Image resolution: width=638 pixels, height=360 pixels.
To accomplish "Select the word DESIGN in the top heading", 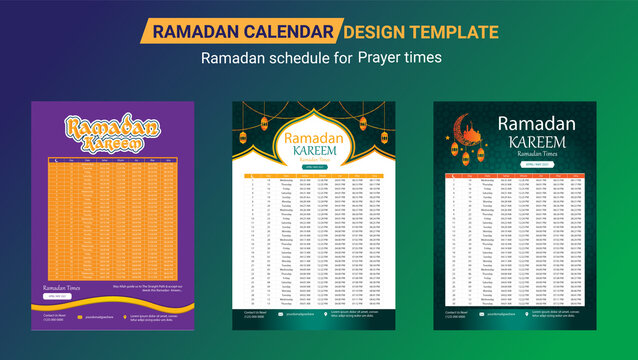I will [386, 32].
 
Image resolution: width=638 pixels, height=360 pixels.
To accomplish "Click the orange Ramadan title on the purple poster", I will [112, 126].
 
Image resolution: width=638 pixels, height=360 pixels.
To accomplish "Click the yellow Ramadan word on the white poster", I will [316, 139].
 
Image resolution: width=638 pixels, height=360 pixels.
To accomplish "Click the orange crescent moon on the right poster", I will [462, 128].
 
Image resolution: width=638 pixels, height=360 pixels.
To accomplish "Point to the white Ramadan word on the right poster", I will [537, 124].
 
